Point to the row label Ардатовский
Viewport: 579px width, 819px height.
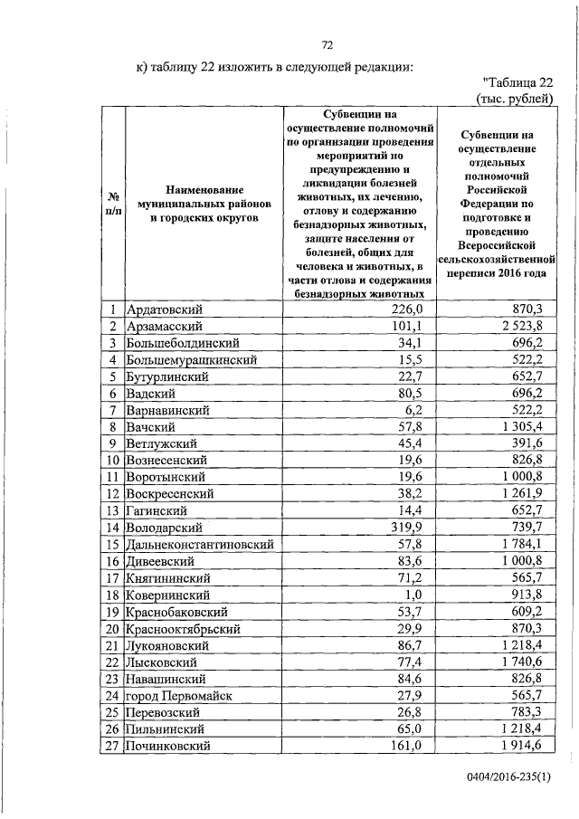point(168,310)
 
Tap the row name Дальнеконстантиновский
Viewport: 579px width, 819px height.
point(201,544)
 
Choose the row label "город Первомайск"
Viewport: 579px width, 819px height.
point(180,695)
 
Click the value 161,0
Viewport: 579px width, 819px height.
point(407,745)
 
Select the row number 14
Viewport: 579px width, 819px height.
point(114,527)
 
